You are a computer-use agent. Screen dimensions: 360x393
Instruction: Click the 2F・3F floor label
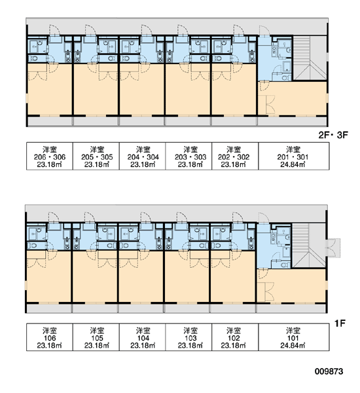tap(333, 135)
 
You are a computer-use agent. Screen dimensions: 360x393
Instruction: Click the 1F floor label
tap(340, 324)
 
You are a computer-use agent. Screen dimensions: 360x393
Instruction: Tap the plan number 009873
tap(329, 371)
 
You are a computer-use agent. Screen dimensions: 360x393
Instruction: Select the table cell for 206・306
tap(50, 156)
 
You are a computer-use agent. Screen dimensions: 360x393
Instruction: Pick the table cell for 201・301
tap(294, 156)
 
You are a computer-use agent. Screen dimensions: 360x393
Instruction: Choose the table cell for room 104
tap(142, 337)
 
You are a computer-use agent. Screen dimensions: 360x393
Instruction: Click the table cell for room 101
tap(294, 337)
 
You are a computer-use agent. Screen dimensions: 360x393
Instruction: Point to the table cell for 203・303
tap(189, 156)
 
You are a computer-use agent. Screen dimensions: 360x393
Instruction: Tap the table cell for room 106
tap(50, 337)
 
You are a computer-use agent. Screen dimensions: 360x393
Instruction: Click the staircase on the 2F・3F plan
tap(310, 58)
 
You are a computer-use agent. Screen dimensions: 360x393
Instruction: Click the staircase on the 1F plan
tap(309, 246)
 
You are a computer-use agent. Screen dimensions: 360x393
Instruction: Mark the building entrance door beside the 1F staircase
tap(333, 248)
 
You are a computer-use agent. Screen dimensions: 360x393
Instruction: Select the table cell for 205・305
tap(96, 156)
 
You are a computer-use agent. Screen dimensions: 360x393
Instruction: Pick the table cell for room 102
tap(235, 337)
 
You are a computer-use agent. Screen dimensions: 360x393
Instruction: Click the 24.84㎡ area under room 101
tap(293, 346)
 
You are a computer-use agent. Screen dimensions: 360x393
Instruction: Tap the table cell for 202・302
tap(235, 156)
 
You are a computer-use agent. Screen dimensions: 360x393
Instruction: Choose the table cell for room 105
tap(96, 337)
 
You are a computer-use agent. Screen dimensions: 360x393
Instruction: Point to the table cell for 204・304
tap(142, 156)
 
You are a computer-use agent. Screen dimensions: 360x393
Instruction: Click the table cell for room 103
tap(189, 337)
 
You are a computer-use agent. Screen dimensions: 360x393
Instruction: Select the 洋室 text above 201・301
tap(293, 149)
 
